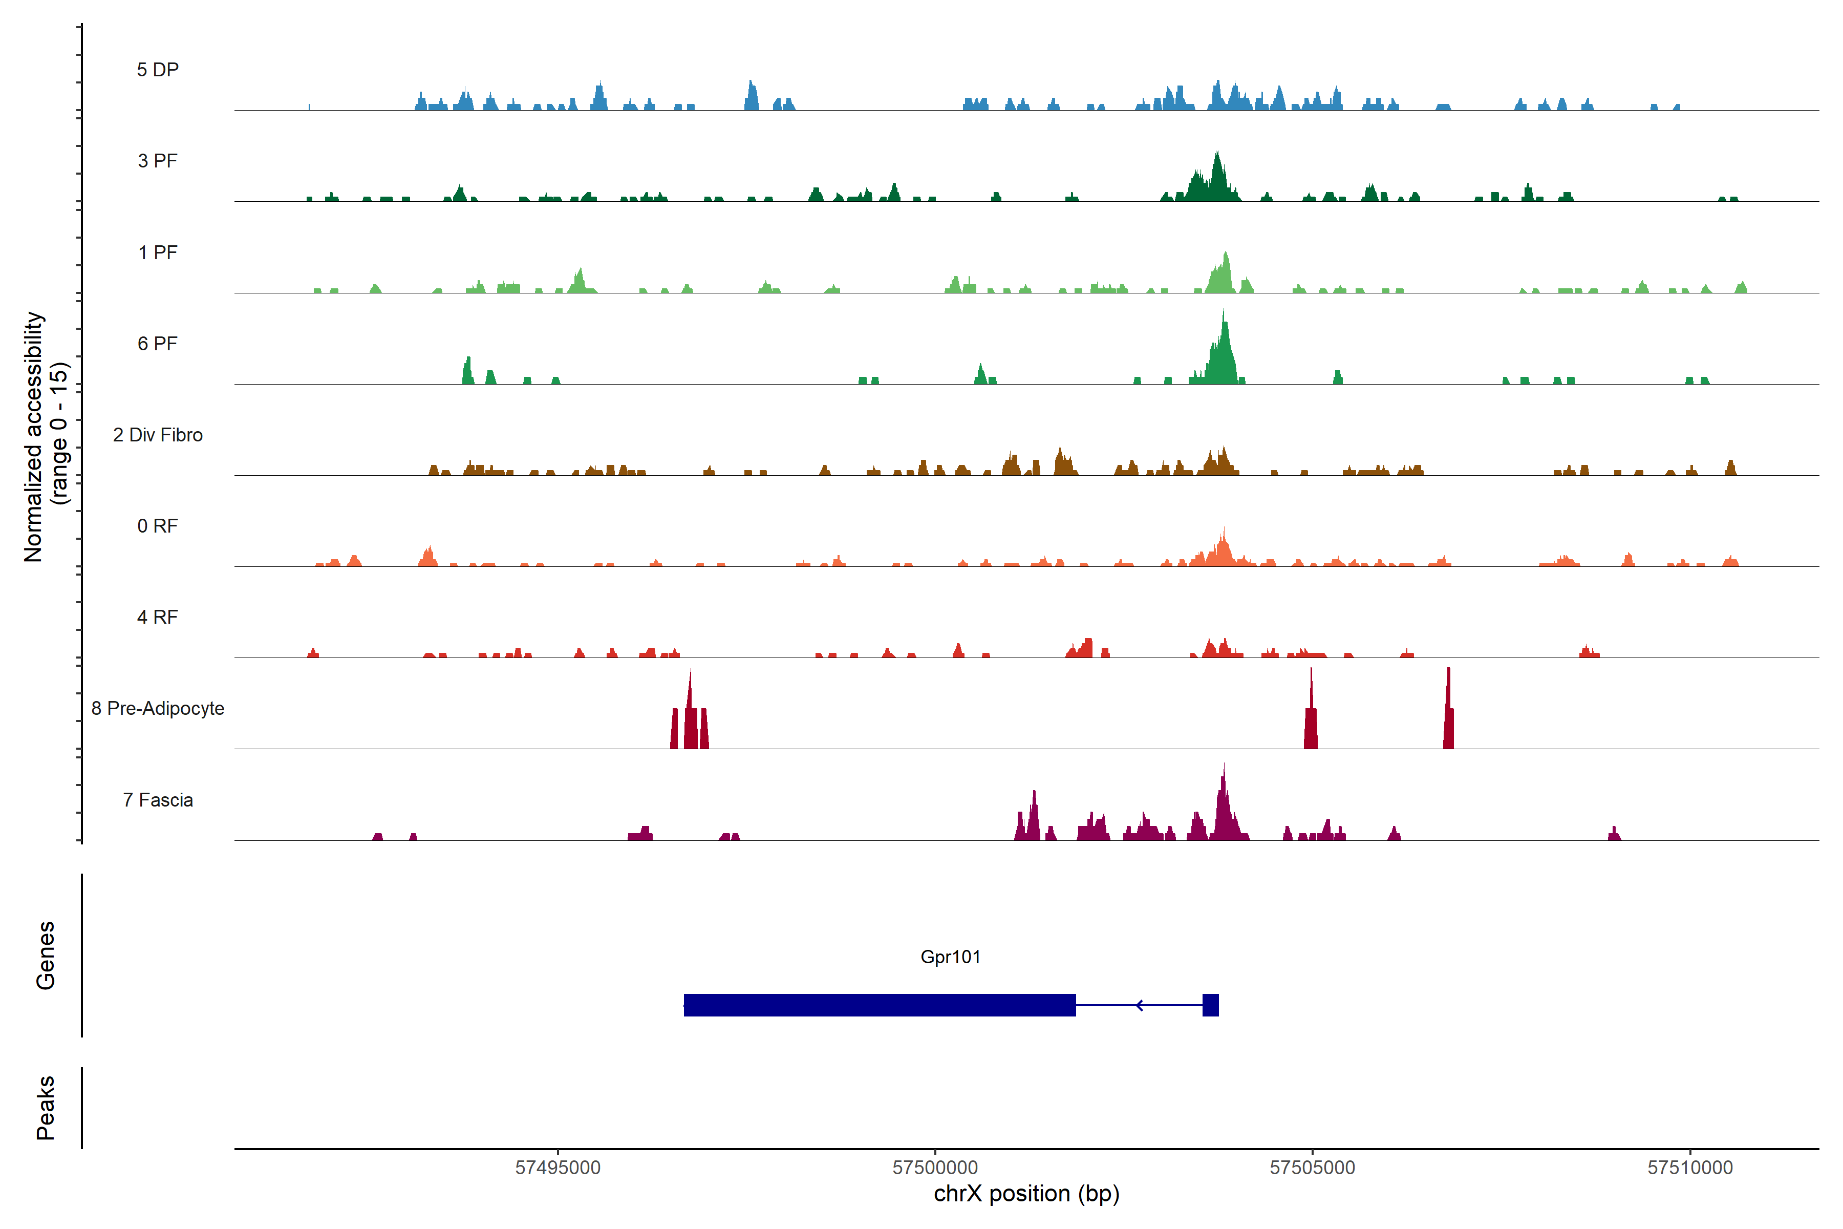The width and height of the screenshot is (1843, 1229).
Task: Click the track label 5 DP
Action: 158,70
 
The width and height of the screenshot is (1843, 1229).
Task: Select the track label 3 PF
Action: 158,161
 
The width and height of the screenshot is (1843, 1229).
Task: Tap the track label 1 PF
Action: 158,252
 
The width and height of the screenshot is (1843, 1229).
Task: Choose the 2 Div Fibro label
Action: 158,435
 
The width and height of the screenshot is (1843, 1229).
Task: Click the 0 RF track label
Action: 158,526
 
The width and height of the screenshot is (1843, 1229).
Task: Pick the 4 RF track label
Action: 158,617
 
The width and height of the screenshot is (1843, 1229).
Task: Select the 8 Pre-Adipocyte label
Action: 158,709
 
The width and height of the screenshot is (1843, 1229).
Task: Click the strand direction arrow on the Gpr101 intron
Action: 1140,1005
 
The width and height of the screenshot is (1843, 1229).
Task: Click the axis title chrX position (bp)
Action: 1026,1194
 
